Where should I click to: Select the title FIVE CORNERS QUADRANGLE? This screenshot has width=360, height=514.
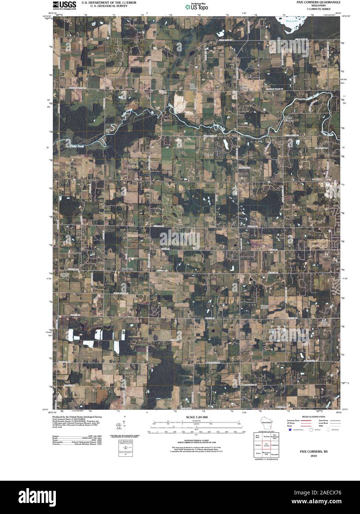pos(315,2)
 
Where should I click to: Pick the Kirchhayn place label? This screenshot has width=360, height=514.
pos(127,269)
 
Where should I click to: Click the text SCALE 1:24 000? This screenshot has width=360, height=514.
pos(197,417)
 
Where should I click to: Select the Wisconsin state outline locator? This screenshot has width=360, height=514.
pos(266,423)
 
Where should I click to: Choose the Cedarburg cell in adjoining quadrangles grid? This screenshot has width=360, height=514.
pos(275,445)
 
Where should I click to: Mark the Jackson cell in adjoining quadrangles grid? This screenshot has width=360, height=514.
pos(258,445)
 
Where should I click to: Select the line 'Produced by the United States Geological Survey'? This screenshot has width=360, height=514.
pos(77,417)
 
